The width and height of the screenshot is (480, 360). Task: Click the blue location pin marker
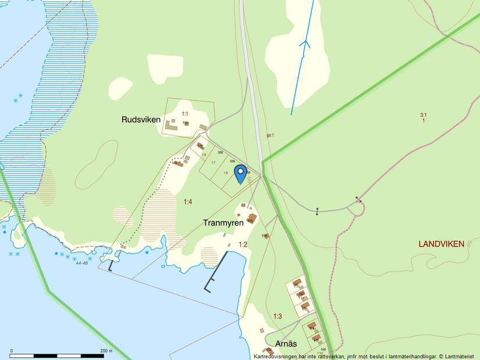tap(240, 173)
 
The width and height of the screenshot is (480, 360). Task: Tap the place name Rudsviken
tap(141, 120)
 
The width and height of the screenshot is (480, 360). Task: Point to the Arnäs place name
tap(286, 343)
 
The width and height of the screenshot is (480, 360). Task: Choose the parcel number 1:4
tap(188, 202)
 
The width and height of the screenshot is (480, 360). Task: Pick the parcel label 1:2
tap(243, 244)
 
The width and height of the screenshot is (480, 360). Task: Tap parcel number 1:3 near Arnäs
tap(278, 316)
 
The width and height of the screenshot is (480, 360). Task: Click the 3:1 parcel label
tap(424, 115)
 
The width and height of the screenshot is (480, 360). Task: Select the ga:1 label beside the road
tap(270, 135)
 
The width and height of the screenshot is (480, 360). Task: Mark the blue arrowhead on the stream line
tap(305, 43)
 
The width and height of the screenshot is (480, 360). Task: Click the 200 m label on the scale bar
tap(106, 351)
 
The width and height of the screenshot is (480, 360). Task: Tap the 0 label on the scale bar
tap(12, 351)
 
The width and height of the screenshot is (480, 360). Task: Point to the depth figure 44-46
tap(81, 263)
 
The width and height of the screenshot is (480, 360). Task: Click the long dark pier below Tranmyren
tap(216, 271)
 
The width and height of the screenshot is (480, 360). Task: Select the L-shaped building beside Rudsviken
tap(171, 125)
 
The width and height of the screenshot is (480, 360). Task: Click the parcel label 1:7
tap(214, 162)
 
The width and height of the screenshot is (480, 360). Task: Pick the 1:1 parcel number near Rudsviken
tap(185, 113)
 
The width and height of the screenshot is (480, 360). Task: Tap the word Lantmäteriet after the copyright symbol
tap(461, 356)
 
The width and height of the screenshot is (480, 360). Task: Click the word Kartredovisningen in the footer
tap(278, 356)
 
